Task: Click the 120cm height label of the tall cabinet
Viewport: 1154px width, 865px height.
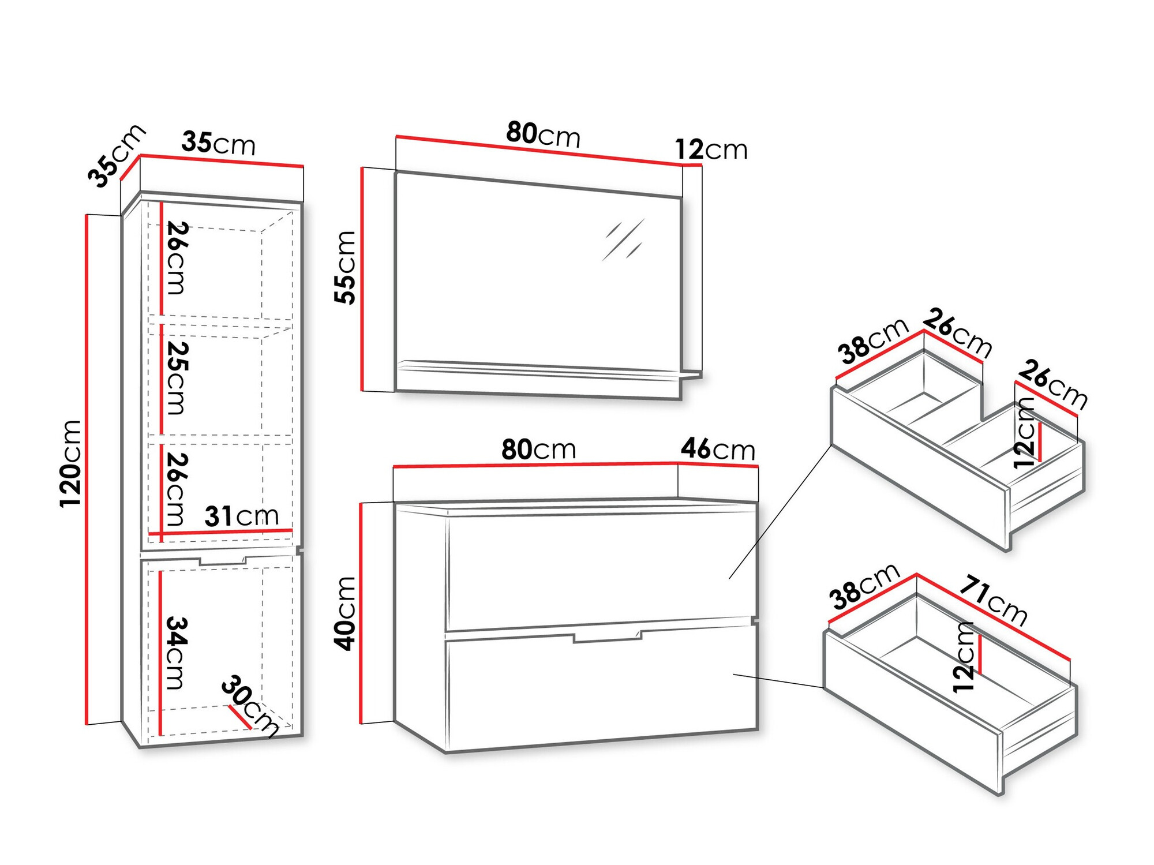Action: (x=70, y=464)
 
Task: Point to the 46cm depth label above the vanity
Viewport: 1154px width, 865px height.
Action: (x=718, y=449)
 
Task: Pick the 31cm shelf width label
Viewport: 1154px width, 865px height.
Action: (x=242, y=516)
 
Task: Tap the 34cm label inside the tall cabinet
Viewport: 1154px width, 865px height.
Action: (x=177, y=653)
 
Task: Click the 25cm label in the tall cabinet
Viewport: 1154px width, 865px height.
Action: (x=177, y=378)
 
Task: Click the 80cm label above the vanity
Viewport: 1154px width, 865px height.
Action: (x=538, y=449)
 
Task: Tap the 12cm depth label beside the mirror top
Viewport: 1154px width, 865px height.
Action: (x=711, y=149)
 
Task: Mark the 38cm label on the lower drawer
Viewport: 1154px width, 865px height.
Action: (x=864, y=586)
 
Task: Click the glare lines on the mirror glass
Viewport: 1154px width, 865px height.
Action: (x=623, y=239)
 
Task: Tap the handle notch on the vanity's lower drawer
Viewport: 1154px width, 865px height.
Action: (x=608, y=636)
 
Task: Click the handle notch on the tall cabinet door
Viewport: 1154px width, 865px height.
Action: (x=223, y=560)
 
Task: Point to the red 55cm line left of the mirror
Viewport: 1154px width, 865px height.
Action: (x=362, y=279)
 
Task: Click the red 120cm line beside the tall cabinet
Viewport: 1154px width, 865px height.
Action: (x=87, y=469)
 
